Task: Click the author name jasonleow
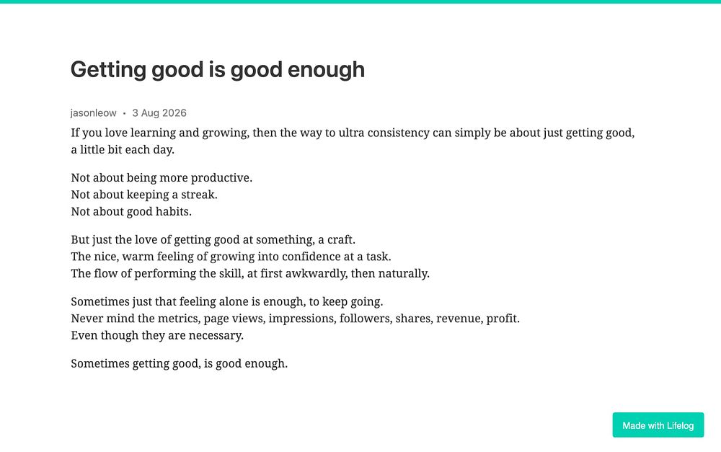click(93, 113)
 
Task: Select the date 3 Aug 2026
click(159, 113)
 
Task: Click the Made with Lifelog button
click(658, 425)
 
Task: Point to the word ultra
click(351, 133)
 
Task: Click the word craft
click(341, 240)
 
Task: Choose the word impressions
click(302, 319)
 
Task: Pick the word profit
click(503, 319)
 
